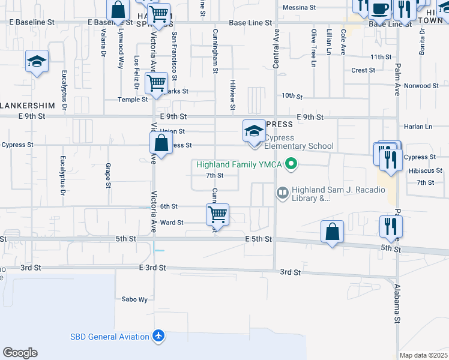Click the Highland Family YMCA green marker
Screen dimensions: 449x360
[292, 163]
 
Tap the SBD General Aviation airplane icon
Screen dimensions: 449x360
[158, 335]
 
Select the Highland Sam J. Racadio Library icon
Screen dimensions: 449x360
[282, 193]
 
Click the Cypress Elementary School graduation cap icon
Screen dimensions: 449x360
[253, 131]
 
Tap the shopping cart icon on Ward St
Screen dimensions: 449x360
[217, 214]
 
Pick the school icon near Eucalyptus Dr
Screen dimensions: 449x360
[37, 61]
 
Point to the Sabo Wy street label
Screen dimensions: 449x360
[134, 299]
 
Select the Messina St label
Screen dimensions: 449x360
[299, 8]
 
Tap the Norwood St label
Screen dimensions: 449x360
[418, 86]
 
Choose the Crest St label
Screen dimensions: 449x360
[363, 70]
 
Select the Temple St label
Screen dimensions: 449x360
[133, 100]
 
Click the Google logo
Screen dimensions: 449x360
[20, 353]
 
